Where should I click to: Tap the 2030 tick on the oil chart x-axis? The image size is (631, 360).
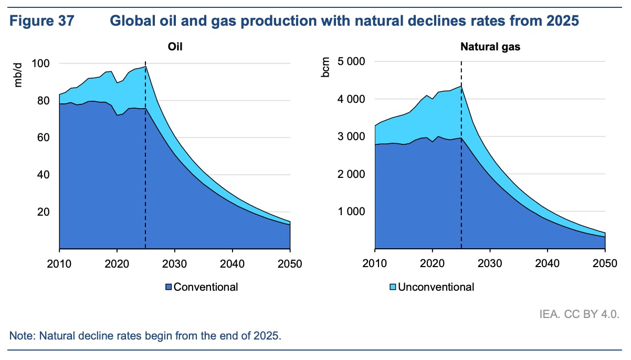175,263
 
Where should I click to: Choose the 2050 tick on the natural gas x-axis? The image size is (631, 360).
605,263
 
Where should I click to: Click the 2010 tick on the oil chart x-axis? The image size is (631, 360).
59,263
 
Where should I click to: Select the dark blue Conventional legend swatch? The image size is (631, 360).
169,287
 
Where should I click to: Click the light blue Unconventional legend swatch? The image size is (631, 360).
392,287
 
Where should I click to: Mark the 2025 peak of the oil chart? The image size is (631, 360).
145,66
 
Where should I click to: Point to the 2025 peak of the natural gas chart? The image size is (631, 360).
461,86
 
